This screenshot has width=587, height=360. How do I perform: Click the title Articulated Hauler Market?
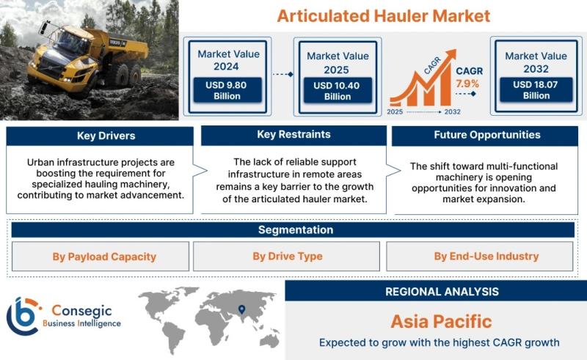(x=383, y=16)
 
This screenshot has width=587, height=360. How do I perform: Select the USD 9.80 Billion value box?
(x=227, y=90)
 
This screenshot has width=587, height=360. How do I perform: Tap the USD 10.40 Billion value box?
(x=338, y=91)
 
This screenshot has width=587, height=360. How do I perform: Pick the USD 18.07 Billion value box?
(x=536, y=89)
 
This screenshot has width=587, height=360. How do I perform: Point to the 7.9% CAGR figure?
(x=467, y=84)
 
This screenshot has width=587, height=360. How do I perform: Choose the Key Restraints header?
(x=294, y=135)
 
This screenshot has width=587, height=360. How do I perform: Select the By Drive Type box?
(x=286, y=257)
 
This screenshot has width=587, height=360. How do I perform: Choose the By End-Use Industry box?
(x=480, y=257)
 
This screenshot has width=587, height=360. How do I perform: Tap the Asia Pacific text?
(x=442, y=321)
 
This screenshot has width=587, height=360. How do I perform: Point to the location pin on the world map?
(x=242, y=309)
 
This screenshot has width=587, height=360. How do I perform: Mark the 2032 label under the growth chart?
(x=452, y=112)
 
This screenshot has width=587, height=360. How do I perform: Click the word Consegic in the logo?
(x=81, y=310)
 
